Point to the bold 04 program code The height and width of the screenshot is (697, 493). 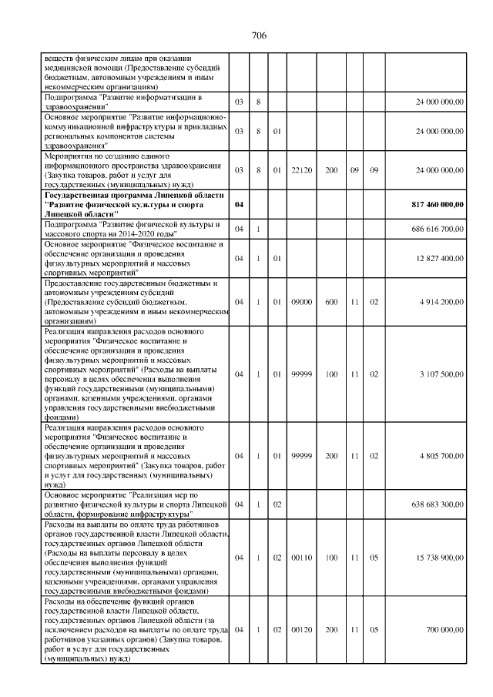[x=239, y=204]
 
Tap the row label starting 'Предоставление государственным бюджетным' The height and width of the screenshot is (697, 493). [x=132, y=302]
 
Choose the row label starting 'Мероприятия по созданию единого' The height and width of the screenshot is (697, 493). [x=132, y=169]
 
